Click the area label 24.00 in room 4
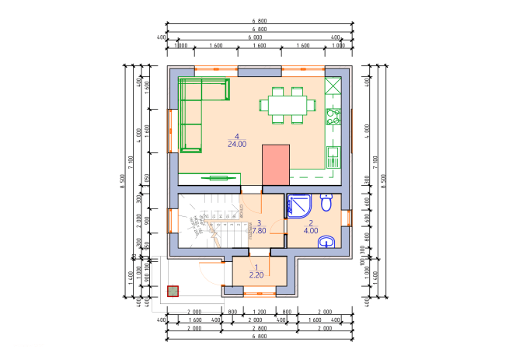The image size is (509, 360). click(x=237, y=144)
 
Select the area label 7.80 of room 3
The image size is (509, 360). click(x=258, y=231)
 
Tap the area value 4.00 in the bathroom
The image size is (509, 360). click(x=311, y=231)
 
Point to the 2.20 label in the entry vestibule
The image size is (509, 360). click(x=256, y=275)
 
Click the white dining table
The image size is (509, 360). click(x=288, y=104)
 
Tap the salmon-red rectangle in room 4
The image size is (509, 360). click(x=276, y=164)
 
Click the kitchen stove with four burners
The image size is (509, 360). click(x=333, y=117)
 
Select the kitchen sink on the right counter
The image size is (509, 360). click(x=333, y=156)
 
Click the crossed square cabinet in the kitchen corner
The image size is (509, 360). click(x=333, y=86)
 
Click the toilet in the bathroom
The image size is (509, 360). click(x=326, y=203)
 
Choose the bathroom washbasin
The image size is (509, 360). click(x=327, y=243)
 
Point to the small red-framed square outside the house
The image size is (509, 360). click(x=173, y=292)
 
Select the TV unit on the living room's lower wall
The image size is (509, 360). click(x=218, y=178)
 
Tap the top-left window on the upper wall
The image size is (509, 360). click(x=216, y=71)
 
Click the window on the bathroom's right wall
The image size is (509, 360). click(x=347, y=218)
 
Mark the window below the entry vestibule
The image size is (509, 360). click(x=260, y=294)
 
